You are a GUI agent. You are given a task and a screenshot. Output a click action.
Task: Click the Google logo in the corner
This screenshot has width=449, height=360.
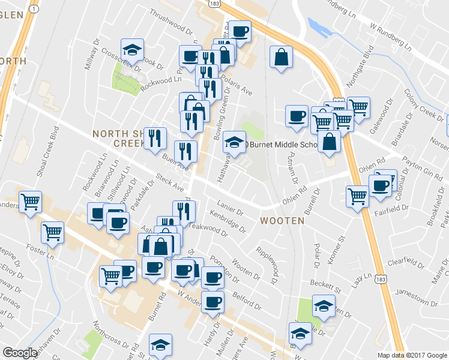[20, 353]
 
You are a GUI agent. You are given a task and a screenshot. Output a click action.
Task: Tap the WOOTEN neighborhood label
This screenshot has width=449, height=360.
[282, 221]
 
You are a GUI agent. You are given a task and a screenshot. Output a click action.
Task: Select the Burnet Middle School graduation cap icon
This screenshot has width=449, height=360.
[235, 143]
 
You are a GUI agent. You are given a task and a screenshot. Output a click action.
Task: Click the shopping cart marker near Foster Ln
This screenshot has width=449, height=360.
[53, 231]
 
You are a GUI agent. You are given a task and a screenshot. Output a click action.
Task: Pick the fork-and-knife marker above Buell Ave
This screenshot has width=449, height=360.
[155, 138]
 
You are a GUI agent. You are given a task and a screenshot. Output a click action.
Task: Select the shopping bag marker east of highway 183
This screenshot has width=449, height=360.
[280, 58]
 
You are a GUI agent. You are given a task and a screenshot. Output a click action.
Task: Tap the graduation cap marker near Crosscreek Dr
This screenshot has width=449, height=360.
[132, 50]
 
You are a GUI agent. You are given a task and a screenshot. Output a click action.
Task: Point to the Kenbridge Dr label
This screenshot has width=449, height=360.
[228, 221]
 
